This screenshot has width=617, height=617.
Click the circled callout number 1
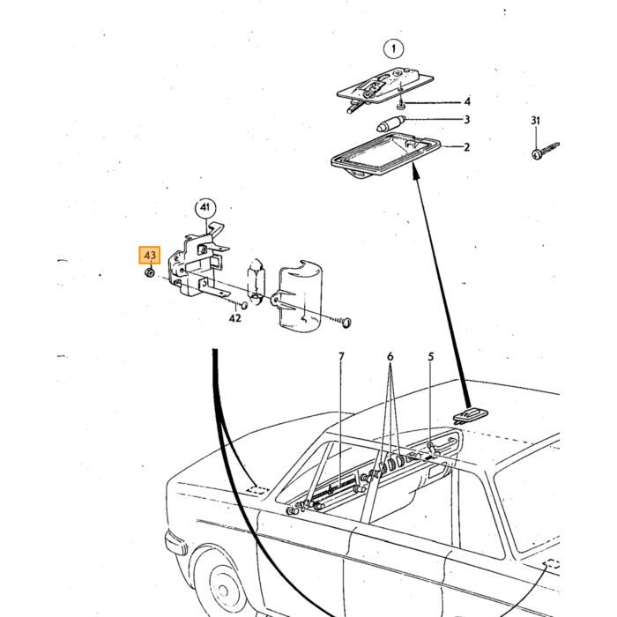[x=393, y=49]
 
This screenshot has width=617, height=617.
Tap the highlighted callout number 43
[x=150, y=255]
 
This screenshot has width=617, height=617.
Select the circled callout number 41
[x=205, y=207]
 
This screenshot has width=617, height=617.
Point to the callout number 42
[x=235, y=318]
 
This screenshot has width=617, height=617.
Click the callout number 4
[x=467, y=101]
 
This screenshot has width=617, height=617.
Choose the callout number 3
[x=466, y=119]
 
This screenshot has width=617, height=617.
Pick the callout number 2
[x=466, y=147]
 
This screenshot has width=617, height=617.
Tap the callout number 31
[x=536, y=121]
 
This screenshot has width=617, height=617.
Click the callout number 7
[x=341, y=356]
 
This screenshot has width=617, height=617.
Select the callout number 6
[x=390, y=356]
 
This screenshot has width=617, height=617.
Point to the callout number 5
[x=431, y=356]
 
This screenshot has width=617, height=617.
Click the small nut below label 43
[x=150, y=271]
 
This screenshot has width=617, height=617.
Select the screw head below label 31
[x=536, y=154]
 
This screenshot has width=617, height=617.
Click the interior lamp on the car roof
[x=471, y=415]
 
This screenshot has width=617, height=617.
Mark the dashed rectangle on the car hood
[x=257, y=491]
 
